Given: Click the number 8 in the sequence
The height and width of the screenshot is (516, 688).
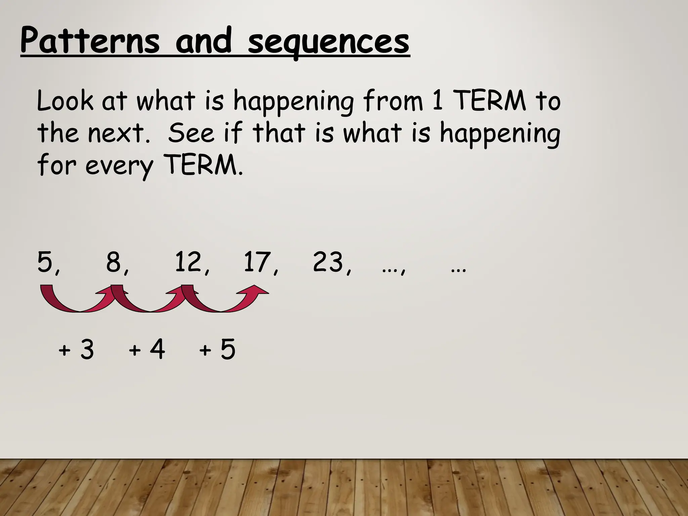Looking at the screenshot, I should tap(114, 262).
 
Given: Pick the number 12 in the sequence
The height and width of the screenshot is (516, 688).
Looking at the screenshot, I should tap(188, 262).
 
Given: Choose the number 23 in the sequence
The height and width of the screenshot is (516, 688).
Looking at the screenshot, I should tap(328, 262).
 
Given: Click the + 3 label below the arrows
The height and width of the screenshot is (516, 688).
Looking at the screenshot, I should tap(76, 350).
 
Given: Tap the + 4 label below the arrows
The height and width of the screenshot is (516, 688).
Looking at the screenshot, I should tap(147, 350).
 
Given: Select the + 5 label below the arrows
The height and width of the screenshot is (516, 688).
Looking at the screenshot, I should tap(217, 350).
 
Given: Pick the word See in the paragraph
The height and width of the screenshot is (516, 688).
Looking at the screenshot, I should tap(191, 133).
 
